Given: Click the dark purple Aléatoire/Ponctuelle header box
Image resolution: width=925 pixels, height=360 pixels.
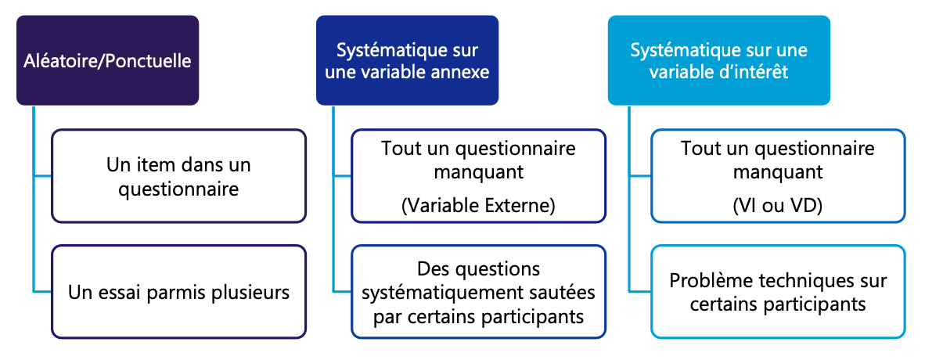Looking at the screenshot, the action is [107, 60].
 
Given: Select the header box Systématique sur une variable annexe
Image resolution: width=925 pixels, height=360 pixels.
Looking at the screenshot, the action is [407, 60].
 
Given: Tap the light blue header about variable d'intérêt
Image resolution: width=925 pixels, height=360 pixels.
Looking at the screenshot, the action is [719, 60].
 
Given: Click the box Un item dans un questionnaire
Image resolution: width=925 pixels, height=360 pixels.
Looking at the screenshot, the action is [178, 176].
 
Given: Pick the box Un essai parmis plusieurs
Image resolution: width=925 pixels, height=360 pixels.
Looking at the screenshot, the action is [178, 292].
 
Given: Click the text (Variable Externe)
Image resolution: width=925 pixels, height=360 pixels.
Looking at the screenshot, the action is [478, 206].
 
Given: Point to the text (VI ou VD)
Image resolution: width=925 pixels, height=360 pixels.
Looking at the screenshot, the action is [778, 206].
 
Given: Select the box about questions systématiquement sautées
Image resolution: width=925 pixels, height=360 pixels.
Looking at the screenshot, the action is [478, 292].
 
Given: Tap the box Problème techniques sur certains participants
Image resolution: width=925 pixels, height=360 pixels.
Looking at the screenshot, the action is [778, 292].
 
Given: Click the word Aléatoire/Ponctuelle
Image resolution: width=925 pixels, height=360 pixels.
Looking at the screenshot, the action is [107, 60].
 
